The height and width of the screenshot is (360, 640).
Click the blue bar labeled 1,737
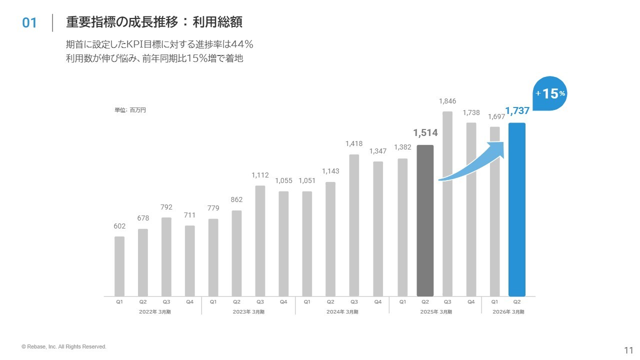click(x=516, y=210)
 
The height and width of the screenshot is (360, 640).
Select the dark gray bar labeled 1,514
click(x=425, y=220)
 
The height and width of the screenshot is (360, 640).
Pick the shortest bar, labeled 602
click(x=119, y=266)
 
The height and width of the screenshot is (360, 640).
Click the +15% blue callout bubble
click(x=550, y=93)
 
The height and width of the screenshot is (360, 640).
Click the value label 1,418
click(x=354, y=143)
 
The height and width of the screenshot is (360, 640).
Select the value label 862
click(x=236, y=199)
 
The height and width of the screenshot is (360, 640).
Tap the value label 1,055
click(x=283, y=180)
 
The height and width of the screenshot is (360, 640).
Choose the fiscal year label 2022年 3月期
click(x=154, y=312)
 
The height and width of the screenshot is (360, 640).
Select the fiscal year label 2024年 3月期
click(x=342, y=312)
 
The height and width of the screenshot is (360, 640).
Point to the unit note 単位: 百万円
click(x=130, y=110)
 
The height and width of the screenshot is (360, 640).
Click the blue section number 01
click(x=29, y=23)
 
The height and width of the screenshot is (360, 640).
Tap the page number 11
click(x=628, y=349)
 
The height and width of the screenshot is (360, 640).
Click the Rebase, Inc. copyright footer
click(x=64, y=346)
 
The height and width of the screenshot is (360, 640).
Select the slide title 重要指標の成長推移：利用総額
click(x=154, y=22)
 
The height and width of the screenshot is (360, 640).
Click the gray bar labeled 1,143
click(x=330, y=239)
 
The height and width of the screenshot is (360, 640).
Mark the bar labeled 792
click(x=166, y=256)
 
